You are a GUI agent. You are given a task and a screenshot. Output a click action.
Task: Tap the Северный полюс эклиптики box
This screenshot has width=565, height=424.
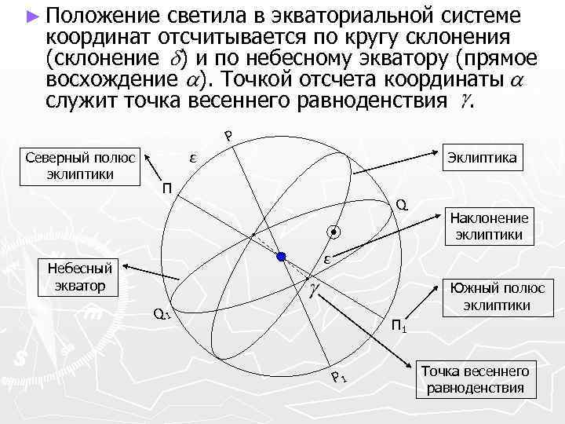79,164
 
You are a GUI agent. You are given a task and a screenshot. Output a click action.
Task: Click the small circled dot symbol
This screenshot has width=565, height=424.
334,233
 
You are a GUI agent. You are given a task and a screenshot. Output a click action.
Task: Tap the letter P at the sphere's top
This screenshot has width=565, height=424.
228,136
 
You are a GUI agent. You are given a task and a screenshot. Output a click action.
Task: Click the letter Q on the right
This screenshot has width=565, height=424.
401,205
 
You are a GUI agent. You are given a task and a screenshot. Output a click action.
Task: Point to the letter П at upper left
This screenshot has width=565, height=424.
166,188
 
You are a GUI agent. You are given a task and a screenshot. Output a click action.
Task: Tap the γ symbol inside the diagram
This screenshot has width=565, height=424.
312,291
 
